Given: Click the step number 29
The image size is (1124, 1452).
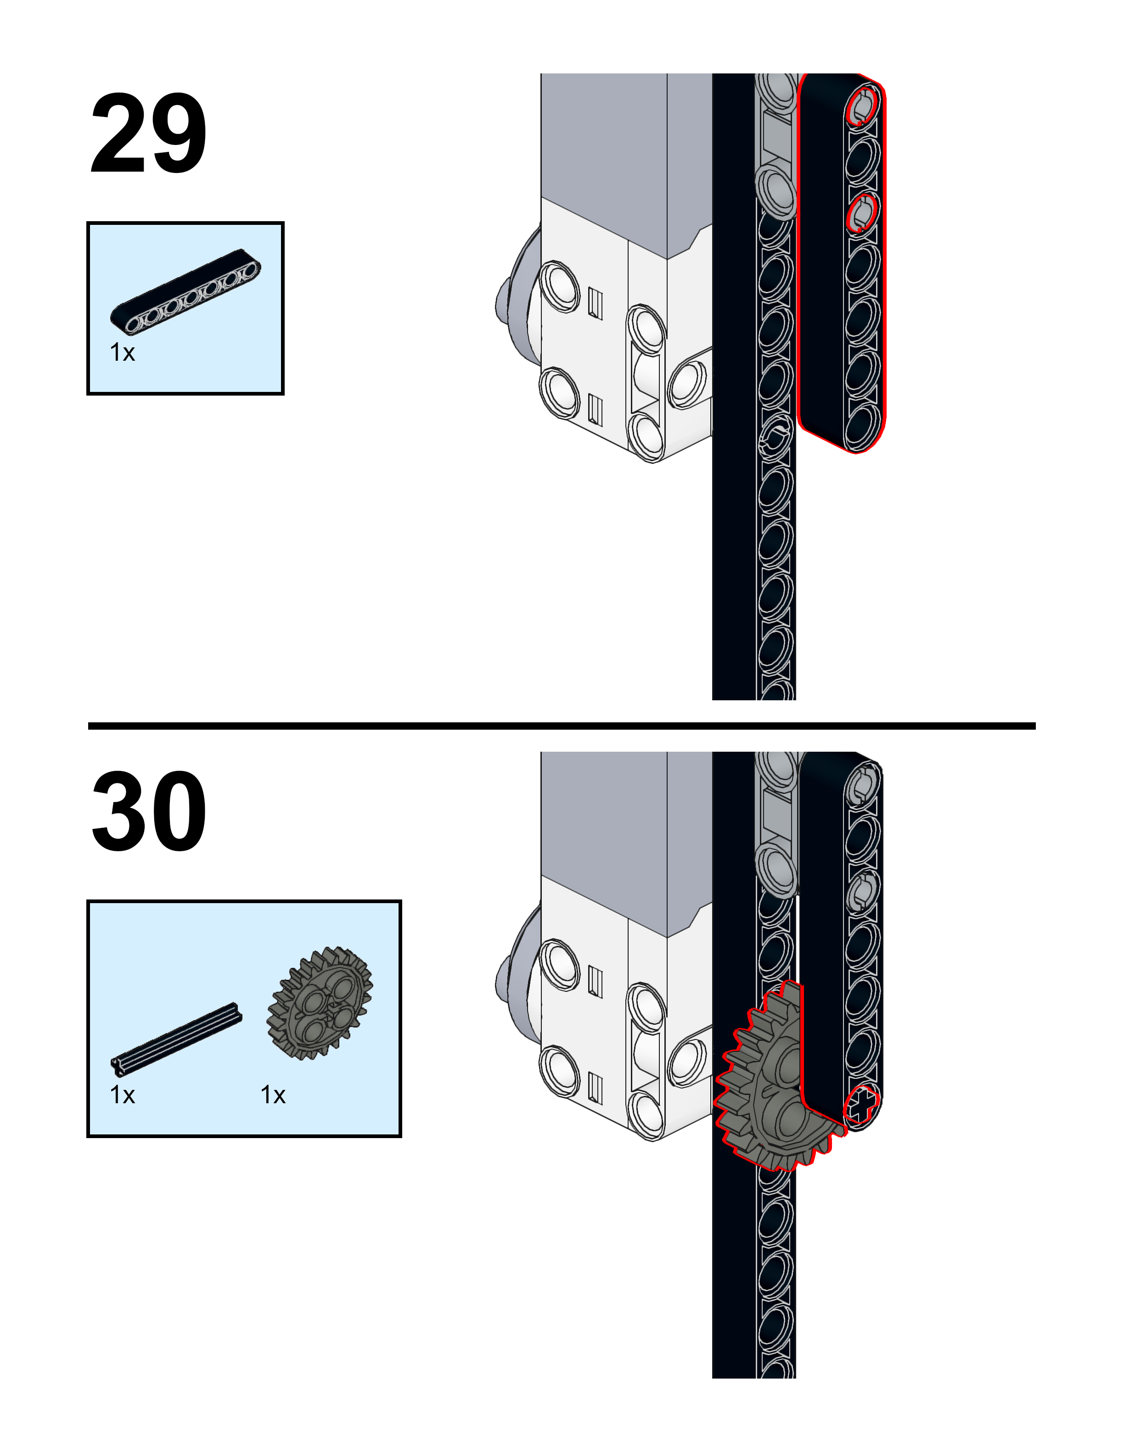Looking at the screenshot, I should click(x=148, y=133).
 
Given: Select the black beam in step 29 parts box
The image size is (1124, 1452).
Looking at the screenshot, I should click(x=185, y=292).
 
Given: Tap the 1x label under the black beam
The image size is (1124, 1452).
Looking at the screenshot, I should click(x=123, y=353).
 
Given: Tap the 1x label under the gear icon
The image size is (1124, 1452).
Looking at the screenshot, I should click(x=273, y=1095).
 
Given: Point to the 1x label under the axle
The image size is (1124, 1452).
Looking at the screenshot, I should click(x=123, y=1095).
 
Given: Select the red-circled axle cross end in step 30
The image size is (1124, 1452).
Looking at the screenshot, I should click(x=861, y=1107).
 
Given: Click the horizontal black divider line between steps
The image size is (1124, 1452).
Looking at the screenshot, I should click(x=562, y=726).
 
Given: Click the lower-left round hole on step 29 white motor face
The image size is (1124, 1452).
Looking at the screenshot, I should click(x=559, y=392).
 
